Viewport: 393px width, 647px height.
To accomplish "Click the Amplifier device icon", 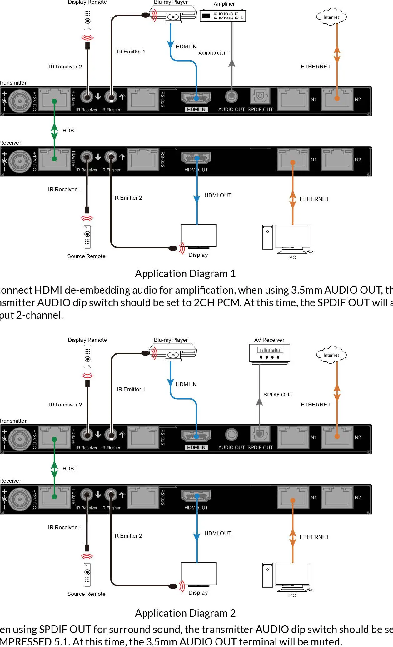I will click(x=223, y=16).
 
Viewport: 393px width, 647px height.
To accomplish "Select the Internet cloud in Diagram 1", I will click(x=331, y=17).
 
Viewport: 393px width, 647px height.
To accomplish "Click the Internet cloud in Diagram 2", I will click(x=331, y=355).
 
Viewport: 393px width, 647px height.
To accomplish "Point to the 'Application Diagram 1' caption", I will click(x=185, y=274).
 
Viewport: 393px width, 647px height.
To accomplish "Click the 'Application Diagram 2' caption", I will click(x=185, y=613).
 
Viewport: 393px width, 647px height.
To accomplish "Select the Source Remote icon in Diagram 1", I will click(x=87, y=237).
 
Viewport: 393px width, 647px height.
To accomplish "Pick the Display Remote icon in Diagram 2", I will click(x=87, y=356).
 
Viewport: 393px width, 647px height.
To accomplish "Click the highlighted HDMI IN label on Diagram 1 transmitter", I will click(x=196, y=109).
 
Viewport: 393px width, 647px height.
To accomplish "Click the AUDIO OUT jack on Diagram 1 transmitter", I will click(x=231, y=96).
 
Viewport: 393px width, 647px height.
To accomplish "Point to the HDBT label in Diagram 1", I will click(x=70, y=131).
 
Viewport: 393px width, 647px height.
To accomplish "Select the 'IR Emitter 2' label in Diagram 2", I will click(x=127, y=536).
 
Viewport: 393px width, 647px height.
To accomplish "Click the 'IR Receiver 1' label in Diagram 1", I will click(x=64, y=189).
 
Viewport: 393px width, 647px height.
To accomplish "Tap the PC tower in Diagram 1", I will click(x=267, y=237).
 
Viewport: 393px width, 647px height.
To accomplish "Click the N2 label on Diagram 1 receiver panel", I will click(x=358, y=160).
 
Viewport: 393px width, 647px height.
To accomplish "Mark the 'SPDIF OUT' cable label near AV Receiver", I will click(x=278, y=395).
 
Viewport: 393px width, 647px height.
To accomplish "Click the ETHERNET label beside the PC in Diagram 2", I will click(x=314, y=537).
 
